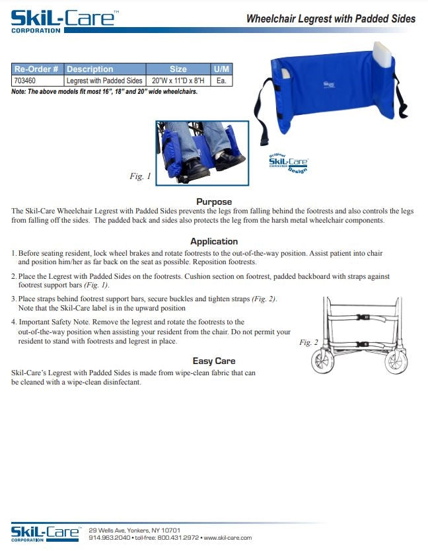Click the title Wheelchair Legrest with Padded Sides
pyautogui.click(x=330, y=19)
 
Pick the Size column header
pyautogui.click(x=178, y=69)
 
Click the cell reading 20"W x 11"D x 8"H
pyautogui.click(x=178, y=80)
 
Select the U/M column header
pyautogui.click(x=221, y=69)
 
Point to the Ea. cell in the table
pyautogui.click(x=221, y=80)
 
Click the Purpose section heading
pyautogui.click(x=214, y=202)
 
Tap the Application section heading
pyautogui.click(x=214, y=241)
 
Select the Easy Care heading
pyautogui.click(x=214, y=361)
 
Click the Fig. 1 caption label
pyautogui.click(x=140, y=176)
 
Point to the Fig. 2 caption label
pyautogui.click(x=308, y=342)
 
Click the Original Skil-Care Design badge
pyautogui.click(x=288, y=162)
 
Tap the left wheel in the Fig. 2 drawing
pyautogui.click(x=322, y=362)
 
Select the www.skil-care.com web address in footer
pyautogui.click(x=227, y=538)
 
